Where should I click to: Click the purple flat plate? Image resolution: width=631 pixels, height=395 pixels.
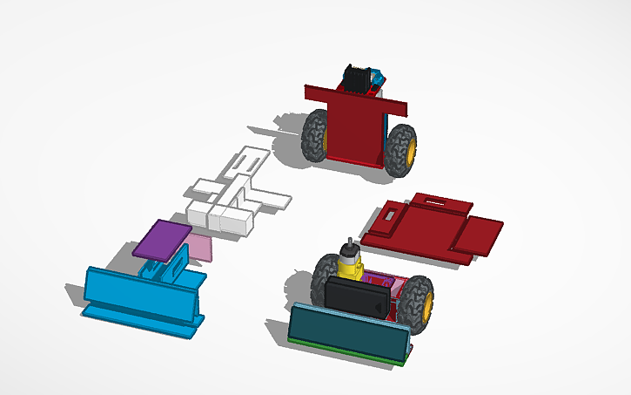(x=162, y=240)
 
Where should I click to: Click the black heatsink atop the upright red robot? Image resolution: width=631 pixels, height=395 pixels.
(x=357, y=80)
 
